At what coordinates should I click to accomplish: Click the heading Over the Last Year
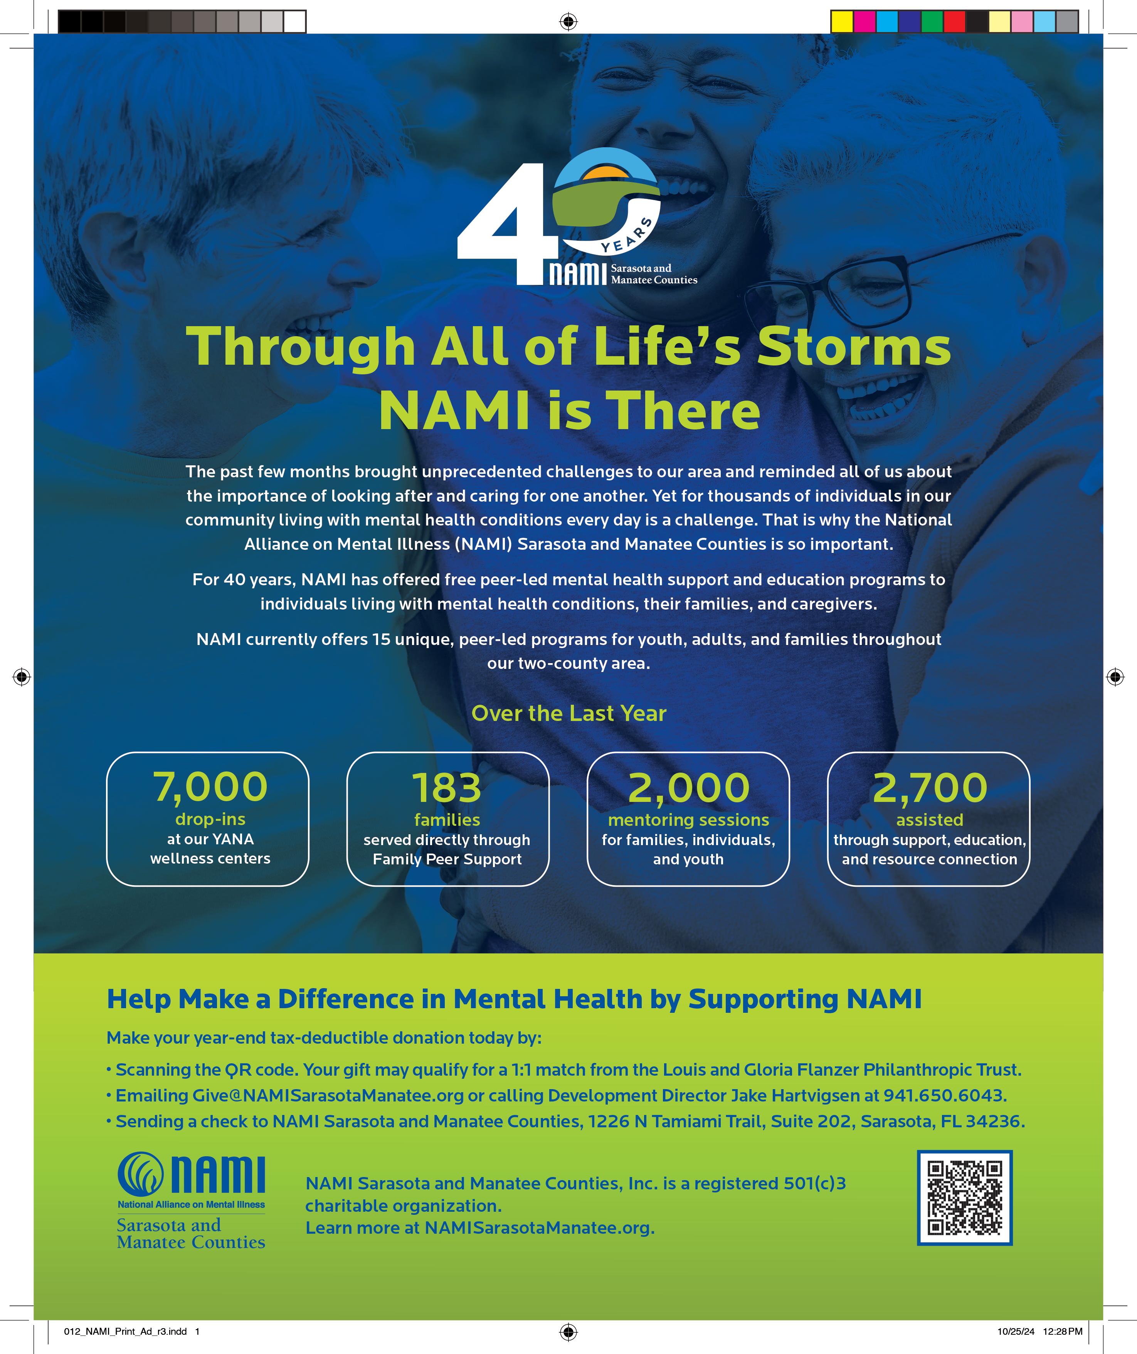pyautogui.click(x=568, y=713)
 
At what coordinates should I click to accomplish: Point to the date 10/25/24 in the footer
pyautogui.click(x=1016, y=1331)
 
